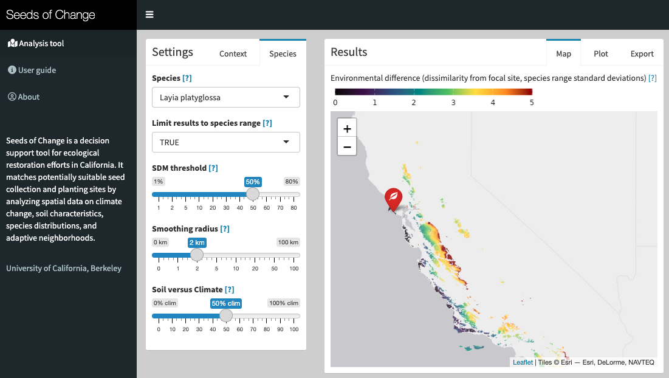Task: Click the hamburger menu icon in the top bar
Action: [149, 15]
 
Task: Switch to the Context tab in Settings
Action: [233, 53]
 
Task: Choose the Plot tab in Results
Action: [601, 53]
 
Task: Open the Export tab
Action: [642, 53]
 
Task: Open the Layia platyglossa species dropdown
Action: [225, 97]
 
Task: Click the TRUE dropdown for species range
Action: [225, 142]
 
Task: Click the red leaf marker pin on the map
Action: [393, 198]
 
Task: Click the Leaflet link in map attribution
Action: [523, 362]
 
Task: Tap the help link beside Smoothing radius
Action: [225, 229]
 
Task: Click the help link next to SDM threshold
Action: [213, 168]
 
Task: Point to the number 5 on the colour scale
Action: [532, 102]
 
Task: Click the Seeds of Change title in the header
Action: [51, 15]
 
